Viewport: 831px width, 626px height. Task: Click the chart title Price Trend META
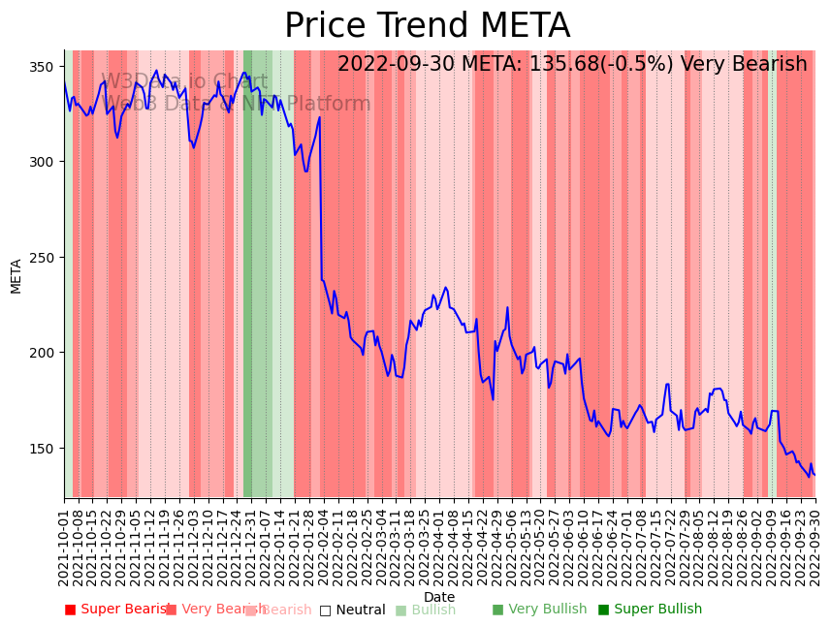tap(427, 26)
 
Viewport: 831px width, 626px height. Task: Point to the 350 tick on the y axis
tap(45, 67)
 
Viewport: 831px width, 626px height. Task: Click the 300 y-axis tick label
tap(45, 162)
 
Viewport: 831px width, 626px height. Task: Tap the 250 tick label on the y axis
tap(45, 258)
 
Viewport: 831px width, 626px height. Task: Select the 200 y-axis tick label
tap(45, 353)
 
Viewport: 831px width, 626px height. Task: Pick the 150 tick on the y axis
tap(45, 448)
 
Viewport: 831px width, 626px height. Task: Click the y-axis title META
tap(16, 275)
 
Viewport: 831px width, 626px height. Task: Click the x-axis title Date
tap(439, 598)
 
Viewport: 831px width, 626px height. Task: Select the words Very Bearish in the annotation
tap(743, 65)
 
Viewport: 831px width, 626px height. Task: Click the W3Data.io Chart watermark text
tap(184, 82)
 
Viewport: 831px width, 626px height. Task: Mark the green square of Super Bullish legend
tap(603, 610)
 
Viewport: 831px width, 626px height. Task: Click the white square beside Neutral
tap(325, 610)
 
